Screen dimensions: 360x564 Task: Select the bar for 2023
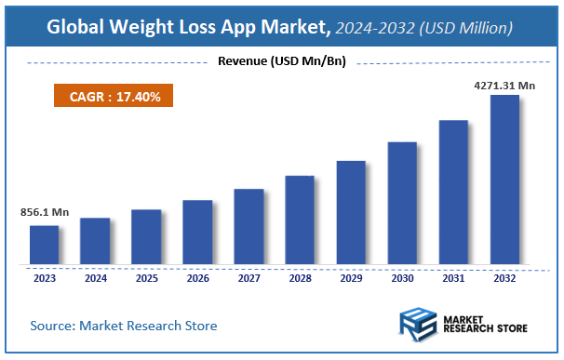point(44,245)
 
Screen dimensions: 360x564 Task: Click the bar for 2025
point(146,236)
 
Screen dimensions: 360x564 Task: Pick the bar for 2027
point(248,226)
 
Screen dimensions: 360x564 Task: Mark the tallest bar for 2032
point(504,180)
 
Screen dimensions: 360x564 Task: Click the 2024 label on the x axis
point(95,277)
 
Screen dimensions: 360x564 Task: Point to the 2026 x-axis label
point(197,277)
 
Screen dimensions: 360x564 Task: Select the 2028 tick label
point(300,277)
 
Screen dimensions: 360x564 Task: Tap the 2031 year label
point(453,277)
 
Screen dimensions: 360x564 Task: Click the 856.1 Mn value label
point(45,212)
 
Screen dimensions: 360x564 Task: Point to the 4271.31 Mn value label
point(504,85)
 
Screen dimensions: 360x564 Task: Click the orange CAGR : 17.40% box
point(113,95)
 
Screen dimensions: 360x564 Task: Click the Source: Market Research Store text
point(124,326)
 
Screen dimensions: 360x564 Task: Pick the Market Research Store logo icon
point(417,325)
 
